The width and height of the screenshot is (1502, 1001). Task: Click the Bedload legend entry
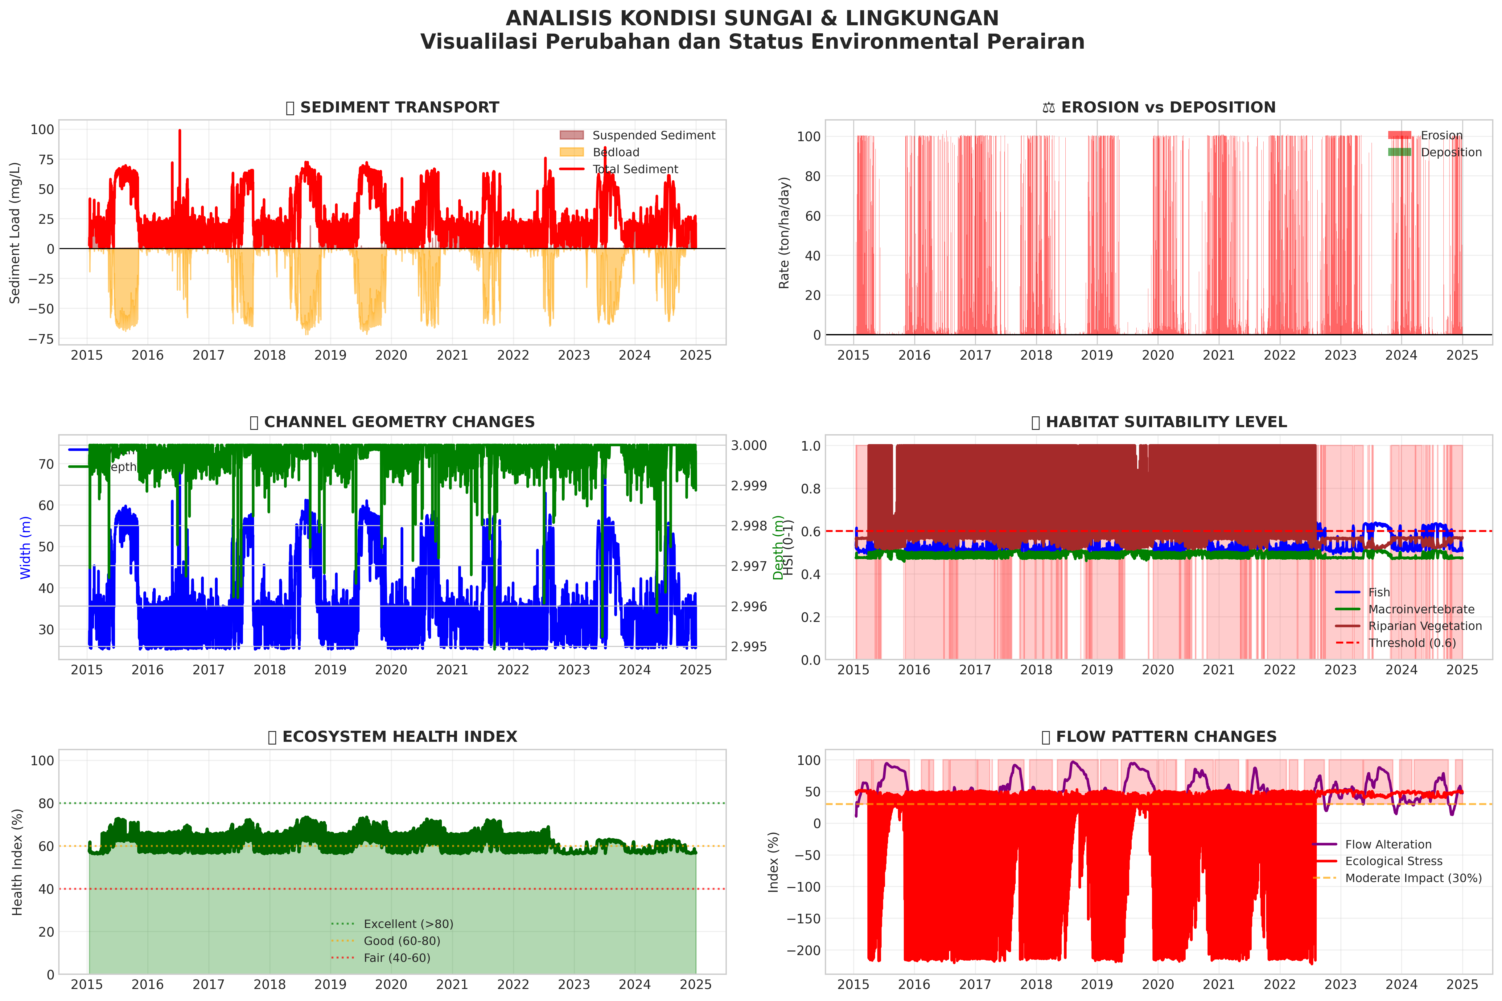[615, 152]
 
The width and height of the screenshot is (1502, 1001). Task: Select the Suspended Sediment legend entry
[653, 135]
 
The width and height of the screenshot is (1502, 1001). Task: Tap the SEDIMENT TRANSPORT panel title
[399, 107]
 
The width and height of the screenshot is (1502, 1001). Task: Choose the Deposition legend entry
[1451, 152]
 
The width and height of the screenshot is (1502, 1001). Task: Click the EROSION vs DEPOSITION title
[1167, 107]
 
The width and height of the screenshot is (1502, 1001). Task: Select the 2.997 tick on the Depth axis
[748, 566]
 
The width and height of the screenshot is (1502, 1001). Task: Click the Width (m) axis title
[26, 548]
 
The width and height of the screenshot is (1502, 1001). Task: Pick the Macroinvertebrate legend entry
[1421, 609]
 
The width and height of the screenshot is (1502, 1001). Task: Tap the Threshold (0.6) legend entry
[1412, 643]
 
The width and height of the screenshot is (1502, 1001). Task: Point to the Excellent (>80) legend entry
[408, 924]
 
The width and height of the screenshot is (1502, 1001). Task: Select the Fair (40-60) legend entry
[397, 958]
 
